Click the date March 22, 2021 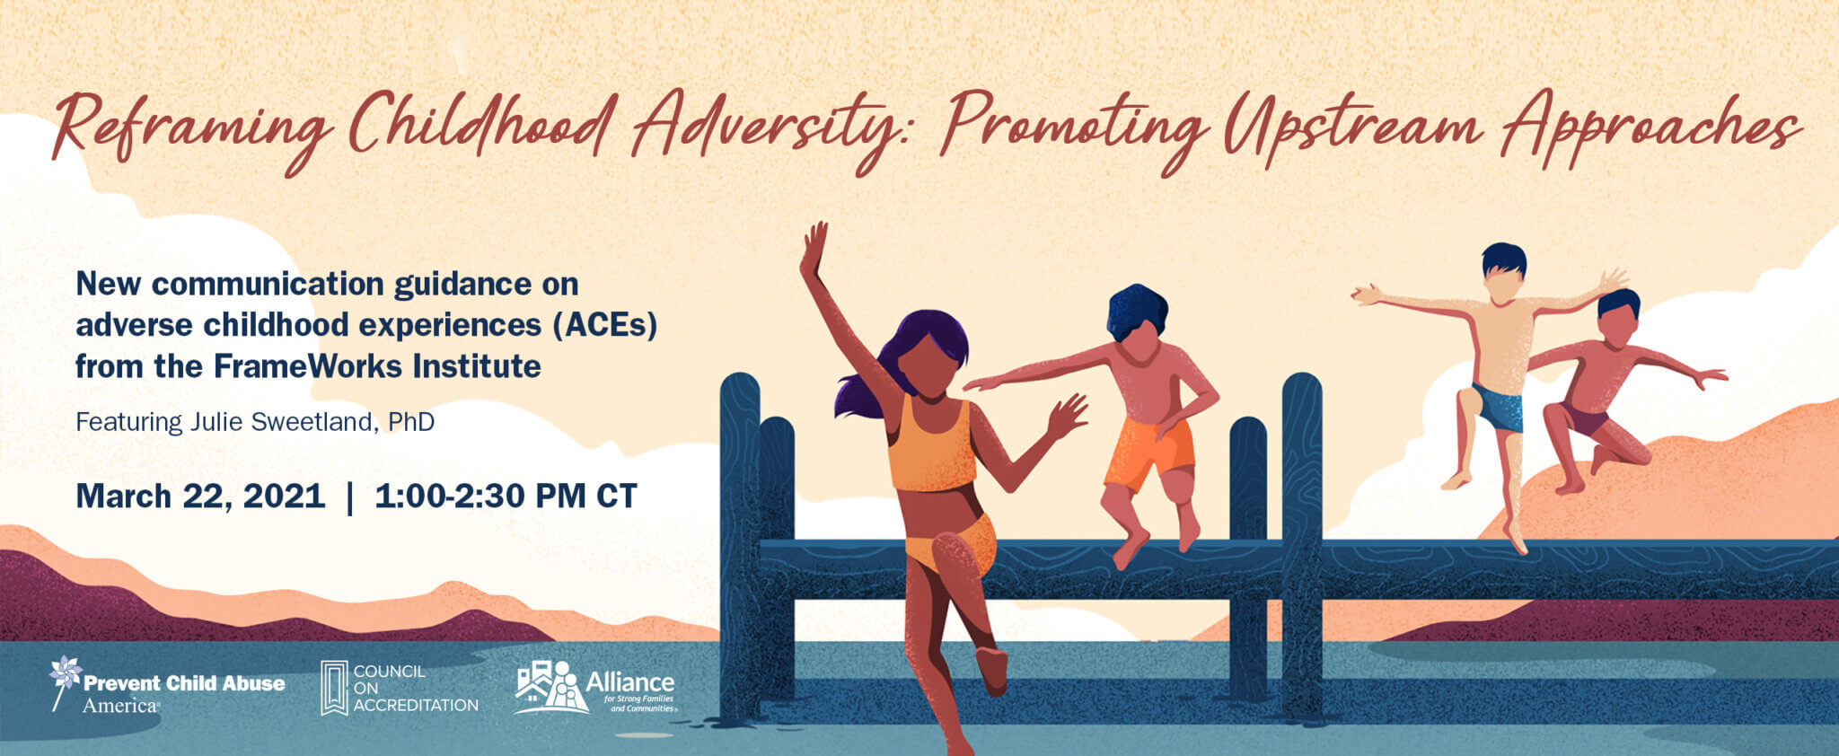[200, 497]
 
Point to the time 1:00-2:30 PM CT [506, 497]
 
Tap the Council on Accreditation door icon [334, 688]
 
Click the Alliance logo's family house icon [550, 688]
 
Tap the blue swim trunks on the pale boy [1498, 407]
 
